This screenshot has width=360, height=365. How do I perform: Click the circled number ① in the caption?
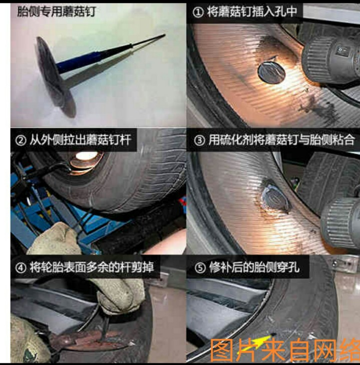click(198, 12)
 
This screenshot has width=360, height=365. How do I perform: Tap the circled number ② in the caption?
click(21, 140)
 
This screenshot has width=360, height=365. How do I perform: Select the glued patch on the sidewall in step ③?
click(275, 200)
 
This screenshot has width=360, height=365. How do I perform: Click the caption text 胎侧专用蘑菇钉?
click(56, 12)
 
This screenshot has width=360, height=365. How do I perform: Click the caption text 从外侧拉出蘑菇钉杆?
click(80, 140)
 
